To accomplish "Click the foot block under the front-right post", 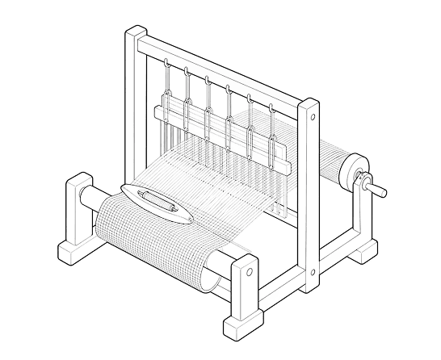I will point(242,327).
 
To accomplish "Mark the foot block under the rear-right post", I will point(362,249).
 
